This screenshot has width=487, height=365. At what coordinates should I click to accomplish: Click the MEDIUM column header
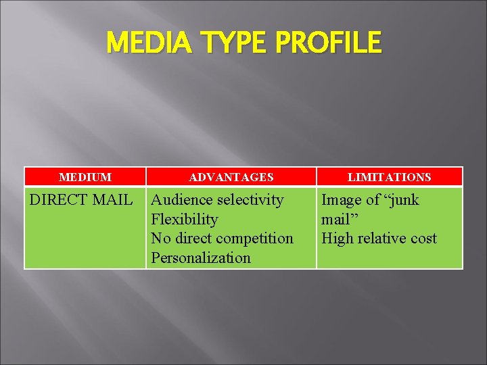[85, 177]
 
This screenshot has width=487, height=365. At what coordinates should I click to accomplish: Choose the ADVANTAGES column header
[231, 177]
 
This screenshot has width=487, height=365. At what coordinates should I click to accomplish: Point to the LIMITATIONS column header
[389, 177]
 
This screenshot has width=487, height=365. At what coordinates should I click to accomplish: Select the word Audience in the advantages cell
[181, 200]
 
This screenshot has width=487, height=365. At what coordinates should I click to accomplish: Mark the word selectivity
[250, 200]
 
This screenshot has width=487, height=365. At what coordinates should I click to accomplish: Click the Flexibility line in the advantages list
[185, 220]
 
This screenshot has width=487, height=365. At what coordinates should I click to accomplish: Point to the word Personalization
[201, 258]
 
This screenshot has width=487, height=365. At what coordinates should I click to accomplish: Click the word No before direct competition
[161, 239]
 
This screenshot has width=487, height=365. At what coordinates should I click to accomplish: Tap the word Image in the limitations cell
[341, 200]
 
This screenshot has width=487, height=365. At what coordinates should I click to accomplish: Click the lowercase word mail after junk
[336, 220]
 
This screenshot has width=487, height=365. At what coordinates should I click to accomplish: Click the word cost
[425, 239]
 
